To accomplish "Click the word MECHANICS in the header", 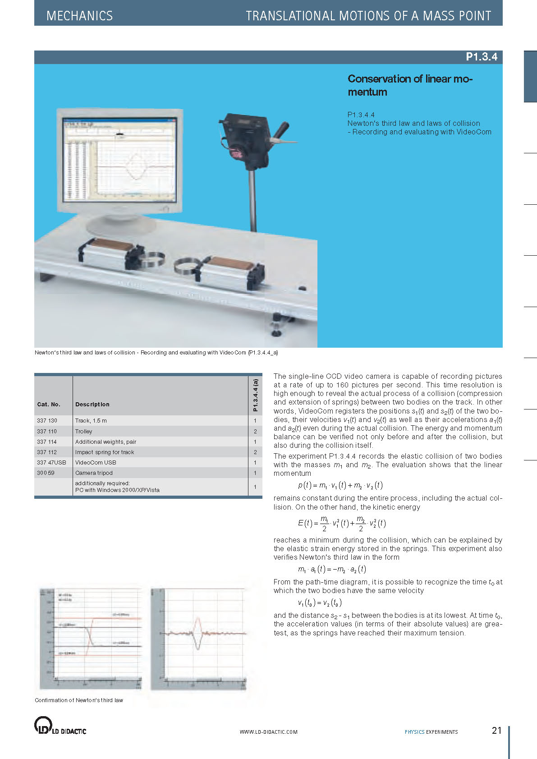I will point(79,16).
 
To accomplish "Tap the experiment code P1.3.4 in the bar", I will point(481,57).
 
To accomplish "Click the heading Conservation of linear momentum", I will point(410,85).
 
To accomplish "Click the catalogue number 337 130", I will point(47,421).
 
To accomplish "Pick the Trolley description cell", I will point(84,432).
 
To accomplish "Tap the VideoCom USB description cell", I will point(96,463).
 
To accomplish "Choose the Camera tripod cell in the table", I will point(94,473).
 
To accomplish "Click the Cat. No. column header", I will point(49,405).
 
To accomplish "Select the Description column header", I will point(92,405).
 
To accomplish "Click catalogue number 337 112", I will point(47,452).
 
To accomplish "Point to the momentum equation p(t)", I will point(340,486).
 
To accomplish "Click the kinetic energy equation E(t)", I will point(341,523).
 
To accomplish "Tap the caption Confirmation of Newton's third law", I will point(79,700).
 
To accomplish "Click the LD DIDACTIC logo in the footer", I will point(60,726).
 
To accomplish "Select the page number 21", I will point(496,731).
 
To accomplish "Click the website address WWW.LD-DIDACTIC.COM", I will point(268,732).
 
